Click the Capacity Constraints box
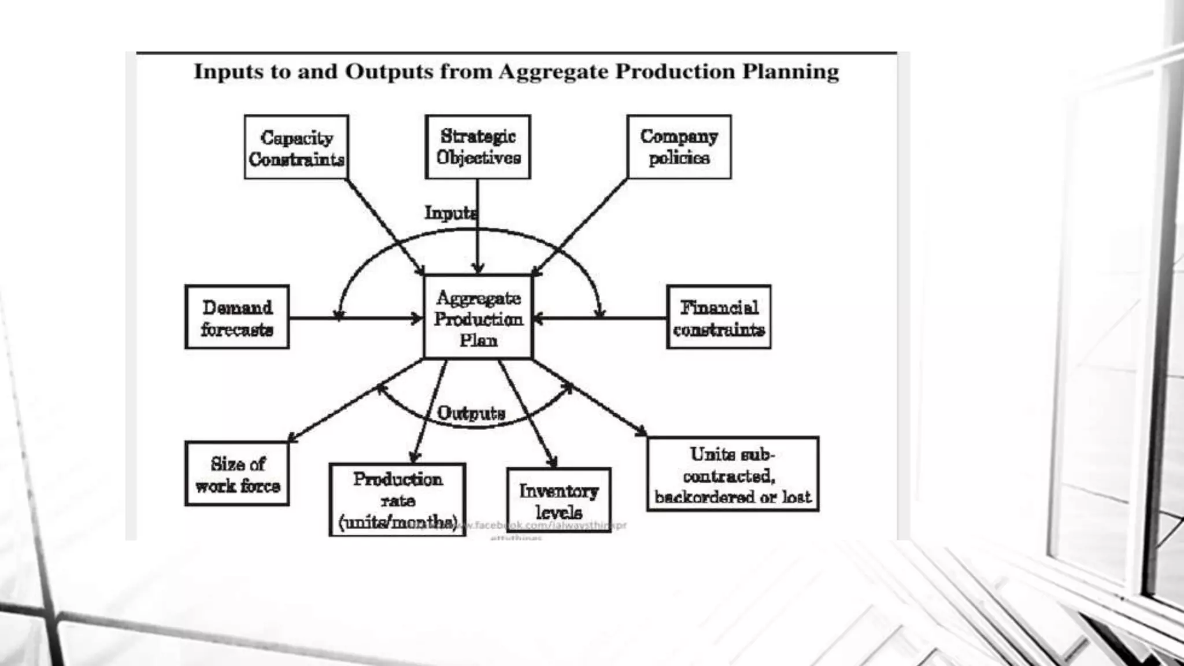coord(296,147)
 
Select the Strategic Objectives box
coord(478,147)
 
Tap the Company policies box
coord(679,147)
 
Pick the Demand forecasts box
coord(237,317)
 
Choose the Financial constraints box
coord(719,317)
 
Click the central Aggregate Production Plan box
coord(478,317)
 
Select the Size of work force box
coord(237,473)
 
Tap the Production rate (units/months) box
coord(397,499)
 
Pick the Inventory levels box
coord(558,500)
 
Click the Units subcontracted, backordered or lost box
coord(732,474)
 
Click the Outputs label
coord(471,413)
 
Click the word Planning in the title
coord(790,72)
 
